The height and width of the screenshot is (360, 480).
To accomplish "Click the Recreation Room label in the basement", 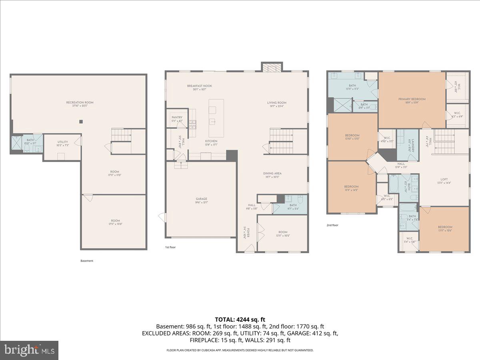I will [x=80, y=102].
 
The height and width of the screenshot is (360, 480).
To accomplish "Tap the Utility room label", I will [x=63, y=142].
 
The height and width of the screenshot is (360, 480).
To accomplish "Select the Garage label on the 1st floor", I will [x=201, y=199].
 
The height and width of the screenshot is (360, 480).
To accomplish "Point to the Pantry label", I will [x=177, y=117].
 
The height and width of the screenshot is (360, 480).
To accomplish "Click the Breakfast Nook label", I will [x=199, y=86].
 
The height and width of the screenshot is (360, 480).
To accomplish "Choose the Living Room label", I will [x=277, y=103].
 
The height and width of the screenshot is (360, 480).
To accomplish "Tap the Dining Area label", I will [x=272, y=174].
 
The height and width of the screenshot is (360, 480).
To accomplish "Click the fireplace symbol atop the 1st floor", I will [x=272, y=67].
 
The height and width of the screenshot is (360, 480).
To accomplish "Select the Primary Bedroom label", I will [x=412, y=99].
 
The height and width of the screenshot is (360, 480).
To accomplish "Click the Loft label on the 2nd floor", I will [x=444, y=180].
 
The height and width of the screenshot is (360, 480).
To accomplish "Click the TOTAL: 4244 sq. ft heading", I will [x=240, y=319].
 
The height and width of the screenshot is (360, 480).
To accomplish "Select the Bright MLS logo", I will [x=30, y=350].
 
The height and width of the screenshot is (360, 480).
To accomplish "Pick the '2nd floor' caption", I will [x=332, y=225].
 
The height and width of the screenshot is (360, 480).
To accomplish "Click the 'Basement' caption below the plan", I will [x=87, y=261].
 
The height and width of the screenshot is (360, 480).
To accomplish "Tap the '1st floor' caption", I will [x=170, y=247].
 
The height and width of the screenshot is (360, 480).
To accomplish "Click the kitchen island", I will [x=216, y=113].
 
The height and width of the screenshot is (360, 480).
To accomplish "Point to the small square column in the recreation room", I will [x=81, y=122].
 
